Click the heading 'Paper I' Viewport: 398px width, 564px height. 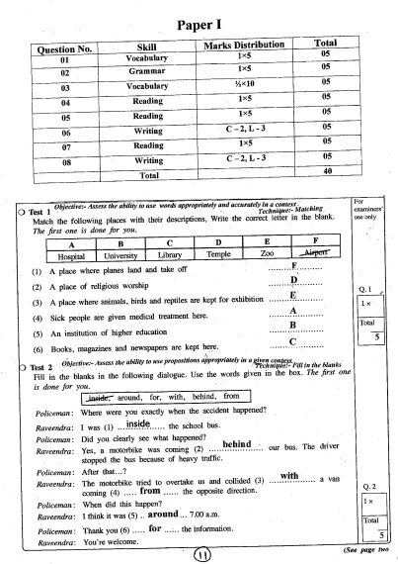(x=198, y=22)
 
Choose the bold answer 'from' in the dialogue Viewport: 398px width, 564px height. (x=150, y=487)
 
